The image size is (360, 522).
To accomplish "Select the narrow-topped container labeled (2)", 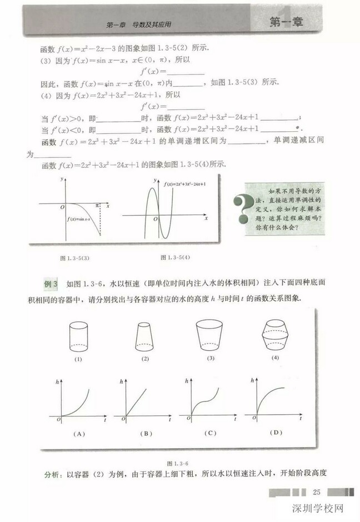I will click(144, 336).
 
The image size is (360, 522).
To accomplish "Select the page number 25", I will click(318, 492).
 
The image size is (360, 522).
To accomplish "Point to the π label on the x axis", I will click(97, 205).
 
